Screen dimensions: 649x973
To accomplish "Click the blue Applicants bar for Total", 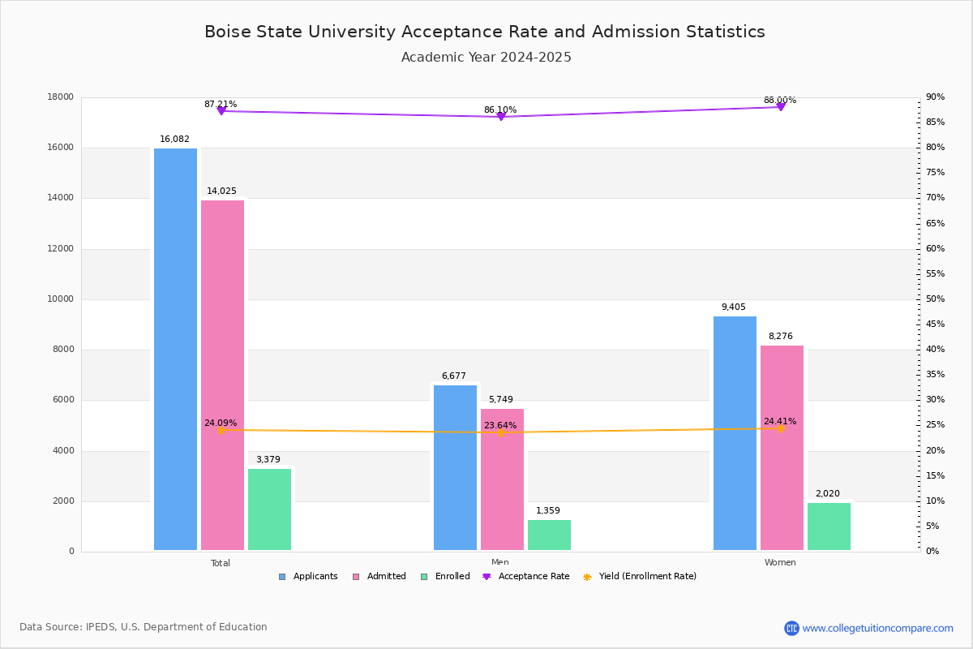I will coord(175,349).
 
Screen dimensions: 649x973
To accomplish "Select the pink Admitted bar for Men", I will coord(502,479).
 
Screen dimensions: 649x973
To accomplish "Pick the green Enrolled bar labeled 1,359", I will coord(549,535).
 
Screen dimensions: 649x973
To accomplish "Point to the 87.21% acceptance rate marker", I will coord(221,110).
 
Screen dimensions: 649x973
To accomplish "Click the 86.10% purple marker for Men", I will coord(500,117).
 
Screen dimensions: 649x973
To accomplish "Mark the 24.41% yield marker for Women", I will coord(780,428).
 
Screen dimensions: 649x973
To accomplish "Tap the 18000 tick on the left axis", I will coord(61,97).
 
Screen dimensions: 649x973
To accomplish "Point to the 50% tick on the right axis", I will coord(935,299).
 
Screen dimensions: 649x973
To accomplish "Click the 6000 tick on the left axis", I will coord(63,400).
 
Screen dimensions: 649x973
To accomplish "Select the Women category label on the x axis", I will coord(780,563).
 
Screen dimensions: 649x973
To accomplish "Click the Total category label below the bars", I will coord(221,563).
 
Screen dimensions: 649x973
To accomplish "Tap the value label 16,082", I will coord(174,140).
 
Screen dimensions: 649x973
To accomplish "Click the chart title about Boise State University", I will coord(485,32).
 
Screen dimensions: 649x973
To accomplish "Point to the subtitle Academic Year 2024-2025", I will coord(486,58).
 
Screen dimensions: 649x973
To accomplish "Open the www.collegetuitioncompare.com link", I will coord(877,628).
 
